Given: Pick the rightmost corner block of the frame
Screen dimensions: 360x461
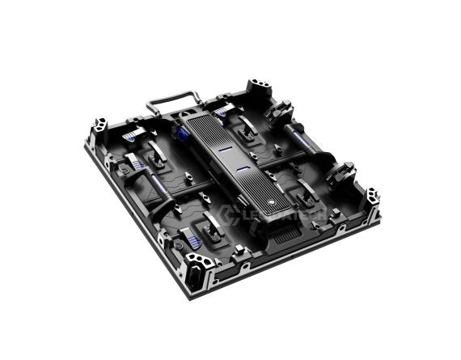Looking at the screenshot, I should pos(371,198).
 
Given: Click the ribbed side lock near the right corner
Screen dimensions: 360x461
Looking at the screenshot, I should pos(341,173).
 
